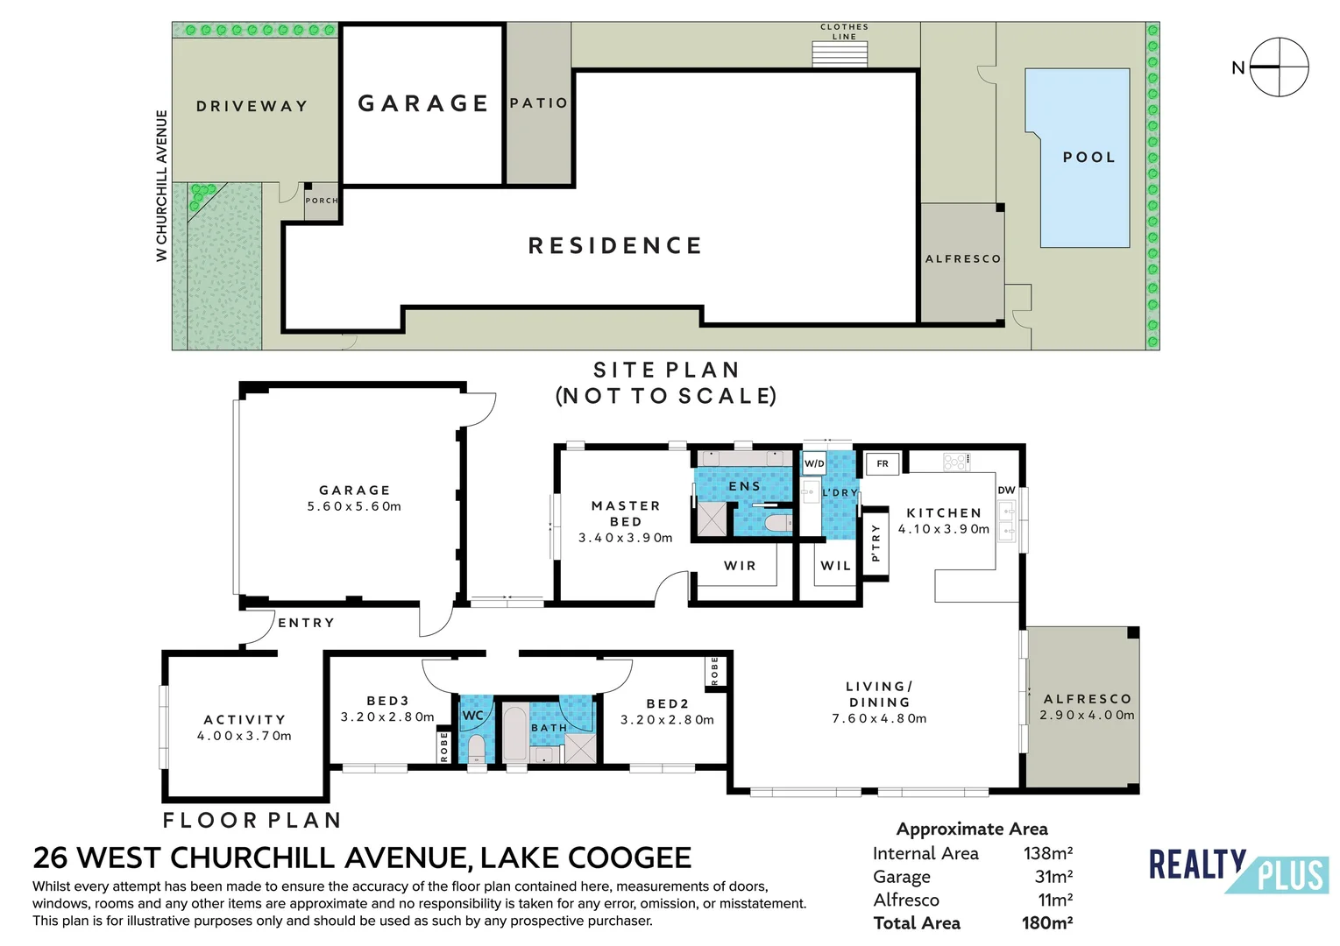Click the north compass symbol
[1279, 67]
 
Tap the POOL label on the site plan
[1088, 158]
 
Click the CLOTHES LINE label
[844, 32]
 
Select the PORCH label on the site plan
[321, 201]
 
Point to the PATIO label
[538, 103]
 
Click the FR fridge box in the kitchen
[883, 463]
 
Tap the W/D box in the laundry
[814, 463]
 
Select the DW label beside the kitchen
[1006, 490]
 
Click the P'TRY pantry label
[875, 543]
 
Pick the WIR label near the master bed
[740, 566]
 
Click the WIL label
[835, 566]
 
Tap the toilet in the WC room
[476, 749]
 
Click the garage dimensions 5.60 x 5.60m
[354, 506]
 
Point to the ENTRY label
[306, 623]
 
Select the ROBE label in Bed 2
[715, 670]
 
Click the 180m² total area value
[1046, 922]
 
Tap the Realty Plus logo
[1237, 870]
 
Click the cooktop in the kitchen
[956, 461]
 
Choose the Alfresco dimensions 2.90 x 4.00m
[1087, 715]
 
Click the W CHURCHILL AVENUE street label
[161, 185]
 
